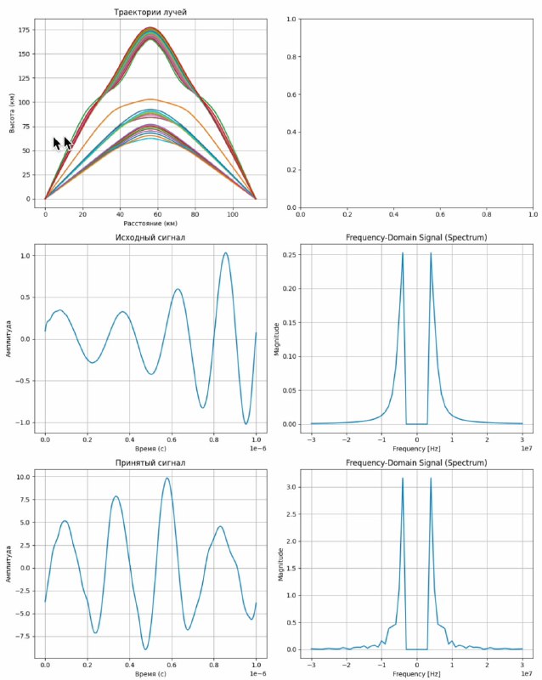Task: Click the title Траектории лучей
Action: [x=150, y=12]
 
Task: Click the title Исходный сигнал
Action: [x=150, y=237]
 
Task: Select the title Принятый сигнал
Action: [x=150, y=463]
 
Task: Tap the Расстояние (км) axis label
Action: [x=150, y=224]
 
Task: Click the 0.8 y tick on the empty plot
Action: [x=291, y=57]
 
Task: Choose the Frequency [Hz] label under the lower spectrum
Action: [x=416, y=674]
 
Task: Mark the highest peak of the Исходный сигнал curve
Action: [x=226, y=252]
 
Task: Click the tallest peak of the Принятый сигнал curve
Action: [x=167, y=478]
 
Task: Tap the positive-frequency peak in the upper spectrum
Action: [x=431, y=253]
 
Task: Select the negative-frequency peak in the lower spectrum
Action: [x=403, y=479]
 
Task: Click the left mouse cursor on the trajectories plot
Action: [x=57, y=144]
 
